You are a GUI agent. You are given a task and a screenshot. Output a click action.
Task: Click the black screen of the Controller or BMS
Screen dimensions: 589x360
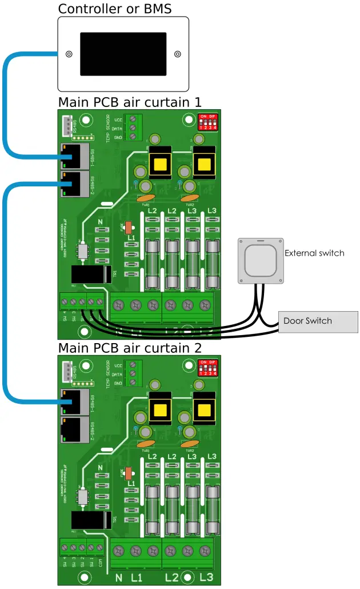123,54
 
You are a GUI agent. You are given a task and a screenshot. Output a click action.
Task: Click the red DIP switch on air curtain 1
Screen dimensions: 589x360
206,122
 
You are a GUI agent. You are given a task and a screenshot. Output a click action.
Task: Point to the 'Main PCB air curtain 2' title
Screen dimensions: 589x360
130,348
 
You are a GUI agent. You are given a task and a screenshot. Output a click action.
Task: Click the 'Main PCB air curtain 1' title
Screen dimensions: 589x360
130,102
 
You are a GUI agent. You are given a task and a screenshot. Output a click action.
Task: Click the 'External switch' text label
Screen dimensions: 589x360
314,253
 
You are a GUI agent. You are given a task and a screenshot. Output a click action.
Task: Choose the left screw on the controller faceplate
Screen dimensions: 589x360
69,54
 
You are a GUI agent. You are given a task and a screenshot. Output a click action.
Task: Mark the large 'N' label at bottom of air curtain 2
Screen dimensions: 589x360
119,578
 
